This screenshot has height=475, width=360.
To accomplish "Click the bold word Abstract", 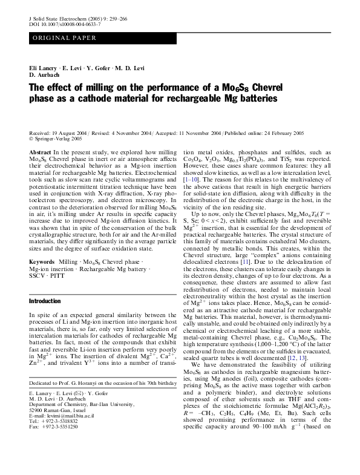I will (x=40, y=152).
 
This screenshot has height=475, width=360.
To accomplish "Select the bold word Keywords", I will (x=43, y=245).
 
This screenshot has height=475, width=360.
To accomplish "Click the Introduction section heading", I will (x=45, y=300).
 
